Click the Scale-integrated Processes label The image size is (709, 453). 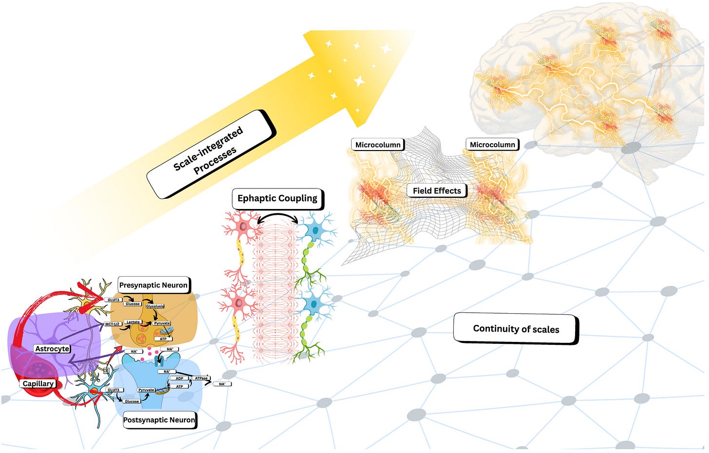point(211,154)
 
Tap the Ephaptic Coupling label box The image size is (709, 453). point(277,198)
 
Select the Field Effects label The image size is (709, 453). point(437,190)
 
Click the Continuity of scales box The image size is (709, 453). point(516,329)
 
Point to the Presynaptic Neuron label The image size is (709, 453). point(153,285)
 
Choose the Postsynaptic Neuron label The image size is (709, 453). point(159,420)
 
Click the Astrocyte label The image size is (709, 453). point(52,349)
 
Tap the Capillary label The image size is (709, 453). point(38,383)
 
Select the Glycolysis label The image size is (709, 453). point(155,306)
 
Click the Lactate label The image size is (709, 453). point(133,322)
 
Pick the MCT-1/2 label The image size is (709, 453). point(112,324)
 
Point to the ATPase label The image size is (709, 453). point(201,378)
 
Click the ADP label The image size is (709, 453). point(179,378)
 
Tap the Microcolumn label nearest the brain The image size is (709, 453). point(492,145)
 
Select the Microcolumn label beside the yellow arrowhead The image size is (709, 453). point(378,145)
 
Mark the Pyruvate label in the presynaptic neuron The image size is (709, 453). point(162,323)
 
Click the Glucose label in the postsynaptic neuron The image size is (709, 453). point(131,401)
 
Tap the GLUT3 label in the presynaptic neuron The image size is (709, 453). point(114,300)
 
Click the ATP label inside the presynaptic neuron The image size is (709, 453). point(163,339)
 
